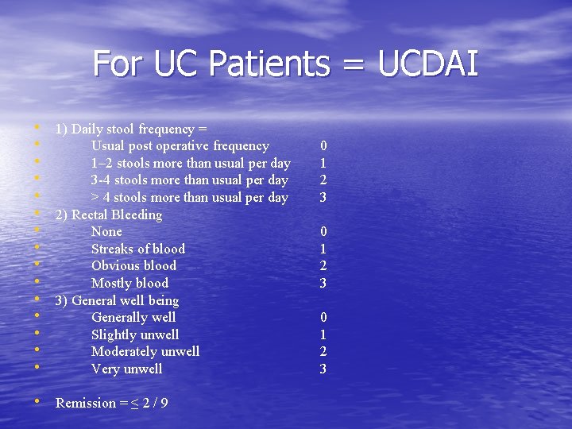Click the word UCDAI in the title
[x=429, y=64]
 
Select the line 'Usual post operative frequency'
[x=180, y=146]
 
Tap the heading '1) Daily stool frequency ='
[x=130, y=129]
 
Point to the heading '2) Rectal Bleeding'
[x=108, y=214]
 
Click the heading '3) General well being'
[x=117, y=300]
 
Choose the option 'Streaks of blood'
[x=137, y=249]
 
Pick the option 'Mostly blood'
[x=129, y=283]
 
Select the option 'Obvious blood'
[x=133, y=265]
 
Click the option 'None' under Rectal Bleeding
[x=106, y=231]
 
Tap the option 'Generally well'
[x=133, y=317]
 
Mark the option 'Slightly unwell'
[x=135, y=334]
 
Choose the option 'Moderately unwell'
[x=145, y=351]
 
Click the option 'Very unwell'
[x=126, y=369]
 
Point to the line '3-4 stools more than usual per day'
[x=189, y=180]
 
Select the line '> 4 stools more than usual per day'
[x=189, y=197]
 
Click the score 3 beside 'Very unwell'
[x=323, y=369]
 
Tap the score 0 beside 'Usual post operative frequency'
[x=323, y=146]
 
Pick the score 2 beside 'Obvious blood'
[x=323, y=265]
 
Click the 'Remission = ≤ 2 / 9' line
[x=111, y=403]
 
